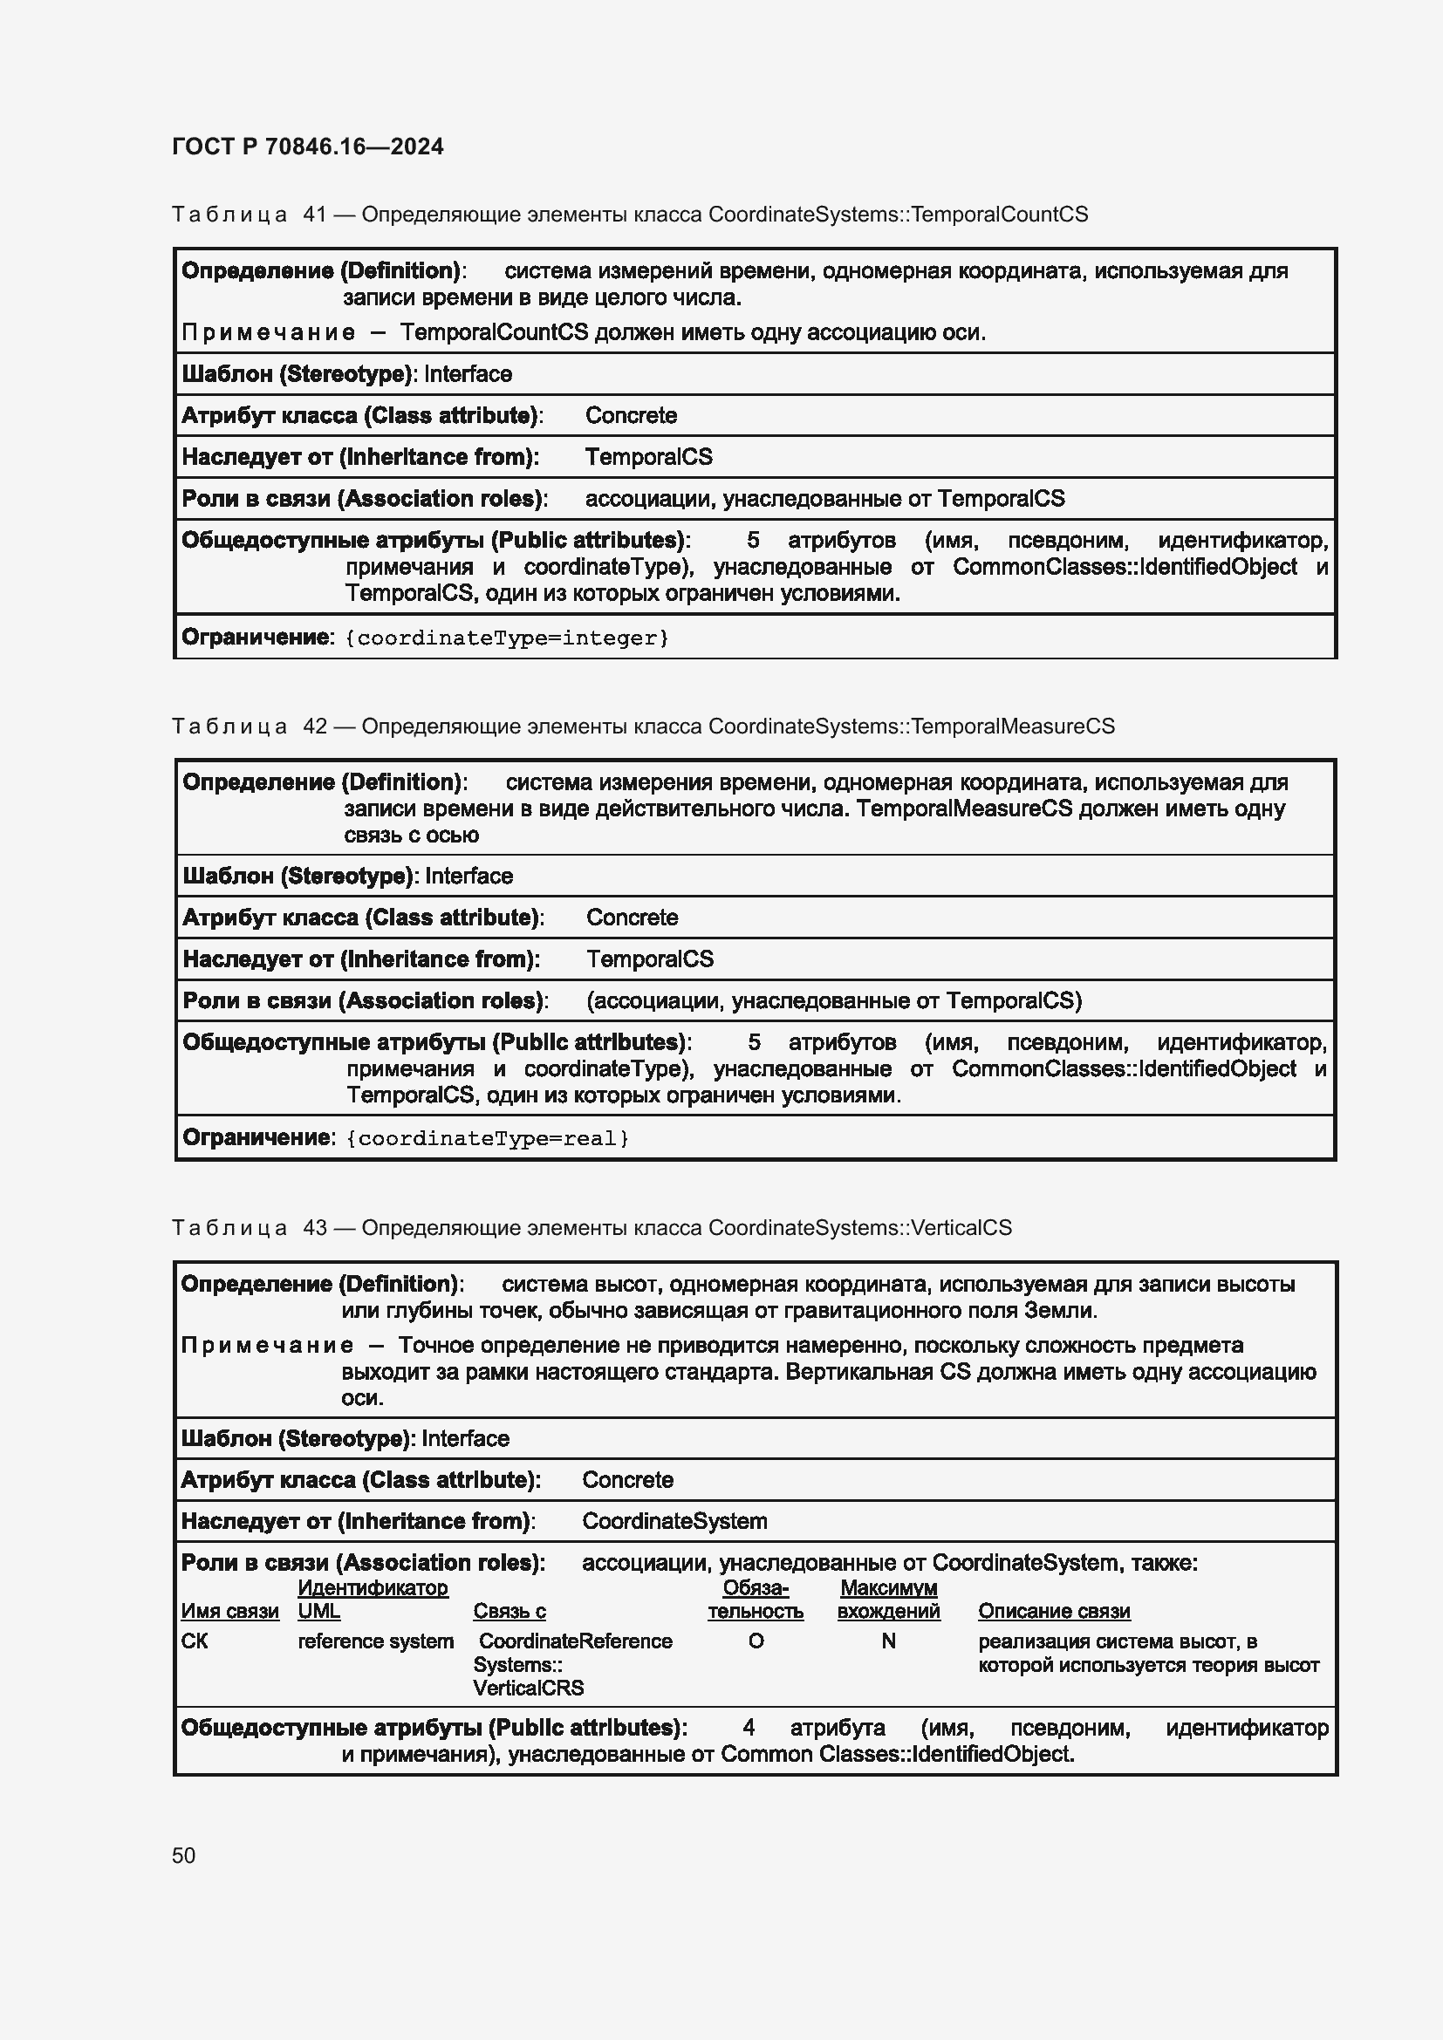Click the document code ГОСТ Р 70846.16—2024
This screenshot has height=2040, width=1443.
click(x=307, y=147)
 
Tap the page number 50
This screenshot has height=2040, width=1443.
click(x=184, y=1855)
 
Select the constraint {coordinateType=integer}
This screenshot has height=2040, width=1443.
click(x=506, y=638)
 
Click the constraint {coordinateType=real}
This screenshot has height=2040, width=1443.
click(x=487, y=1138)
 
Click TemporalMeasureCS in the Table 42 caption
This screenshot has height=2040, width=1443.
click(x=1012, y=726)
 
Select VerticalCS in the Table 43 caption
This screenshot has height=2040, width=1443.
click(x=961, y=1227)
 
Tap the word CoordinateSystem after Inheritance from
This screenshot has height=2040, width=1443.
click(x=674, y=1521)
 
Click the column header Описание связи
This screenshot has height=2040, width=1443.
click(x=1054, y=1611)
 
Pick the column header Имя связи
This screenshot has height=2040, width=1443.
click(x=229, y=1611)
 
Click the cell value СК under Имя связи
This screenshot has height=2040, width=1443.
click(x=194, y=1641)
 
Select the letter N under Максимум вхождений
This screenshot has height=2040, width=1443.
click(x=887, y=1641)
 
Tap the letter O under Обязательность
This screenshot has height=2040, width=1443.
click(x=756, y=1641)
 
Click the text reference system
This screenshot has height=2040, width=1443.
click(x=375, y=1641)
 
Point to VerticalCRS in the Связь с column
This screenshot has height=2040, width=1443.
click(x=528, y=1688)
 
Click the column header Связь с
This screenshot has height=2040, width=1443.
click(x=509, y=1611)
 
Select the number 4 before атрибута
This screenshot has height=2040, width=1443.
click(x=749, y=1727)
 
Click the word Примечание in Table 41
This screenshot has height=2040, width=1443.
click(x=269, y=332)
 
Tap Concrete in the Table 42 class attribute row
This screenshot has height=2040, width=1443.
click(x=631, y=917)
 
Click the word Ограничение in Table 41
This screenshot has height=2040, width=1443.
click(x=256, y=637)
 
